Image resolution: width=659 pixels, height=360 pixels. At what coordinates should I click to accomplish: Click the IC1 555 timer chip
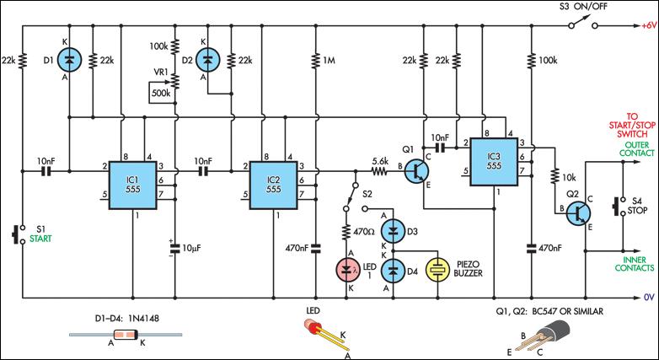(x=133, y=185)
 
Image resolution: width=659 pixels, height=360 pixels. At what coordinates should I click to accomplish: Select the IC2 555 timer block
(x=273, y=185)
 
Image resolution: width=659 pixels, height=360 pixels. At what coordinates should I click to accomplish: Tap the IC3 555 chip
(x=494, y=162)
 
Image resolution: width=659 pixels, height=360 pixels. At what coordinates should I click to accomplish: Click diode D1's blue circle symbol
(x=69, y=59)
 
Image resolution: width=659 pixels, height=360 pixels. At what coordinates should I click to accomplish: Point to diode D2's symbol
(x=206, y=59)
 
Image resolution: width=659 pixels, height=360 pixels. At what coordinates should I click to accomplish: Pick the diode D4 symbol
(x=394, y=271)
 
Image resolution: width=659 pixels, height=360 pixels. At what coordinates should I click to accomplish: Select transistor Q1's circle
(x=417, y=171)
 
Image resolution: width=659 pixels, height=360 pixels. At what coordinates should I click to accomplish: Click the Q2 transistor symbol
(x=578, y=212)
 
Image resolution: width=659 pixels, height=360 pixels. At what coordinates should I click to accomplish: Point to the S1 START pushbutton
(x=17, y=234)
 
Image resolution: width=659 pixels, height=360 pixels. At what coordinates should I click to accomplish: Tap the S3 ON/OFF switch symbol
(x=583, y=23)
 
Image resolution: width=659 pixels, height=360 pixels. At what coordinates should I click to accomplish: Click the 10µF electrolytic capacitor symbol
(x=174, y=248)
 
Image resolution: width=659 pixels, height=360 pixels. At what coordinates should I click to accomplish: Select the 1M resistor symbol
(x=315, y=60)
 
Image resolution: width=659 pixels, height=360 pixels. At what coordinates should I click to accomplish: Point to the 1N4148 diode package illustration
(x=126, y=336)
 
